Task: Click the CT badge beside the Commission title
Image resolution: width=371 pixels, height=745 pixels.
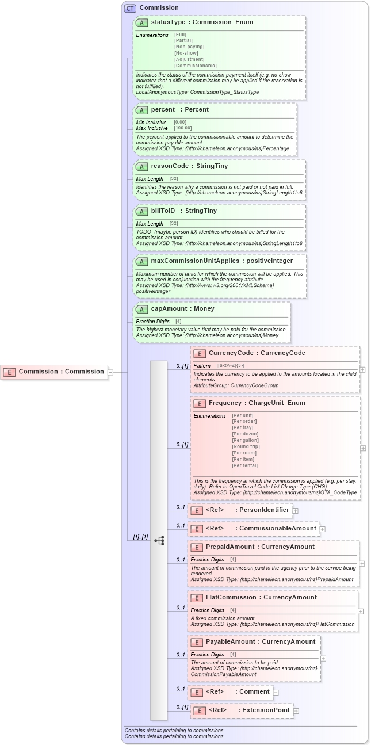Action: [130, 8]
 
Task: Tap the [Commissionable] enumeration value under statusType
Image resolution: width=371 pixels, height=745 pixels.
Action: [196, 66]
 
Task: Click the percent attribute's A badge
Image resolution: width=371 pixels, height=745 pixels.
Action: [141, 110]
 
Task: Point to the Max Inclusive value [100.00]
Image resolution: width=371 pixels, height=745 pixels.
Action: [183, 128]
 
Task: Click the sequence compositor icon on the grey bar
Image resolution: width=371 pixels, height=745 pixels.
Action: [159, 540]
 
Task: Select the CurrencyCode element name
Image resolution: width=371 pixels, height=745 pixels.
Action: [232, 353]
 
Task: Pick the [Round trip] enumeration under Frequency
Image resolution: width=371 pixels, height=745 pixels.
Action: [246, 446]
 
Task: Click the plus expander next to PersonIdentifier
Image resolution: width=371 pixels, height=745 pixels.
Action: [295, 510]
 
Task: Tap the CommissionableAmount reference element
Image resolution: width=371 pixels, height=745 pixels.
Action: [254, 529]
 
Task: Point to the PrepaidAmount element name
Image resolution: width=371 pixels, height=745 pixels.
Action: [230, 547]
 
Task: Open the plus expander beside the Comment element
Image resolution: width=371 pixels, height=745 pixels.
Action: [276, 693]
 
